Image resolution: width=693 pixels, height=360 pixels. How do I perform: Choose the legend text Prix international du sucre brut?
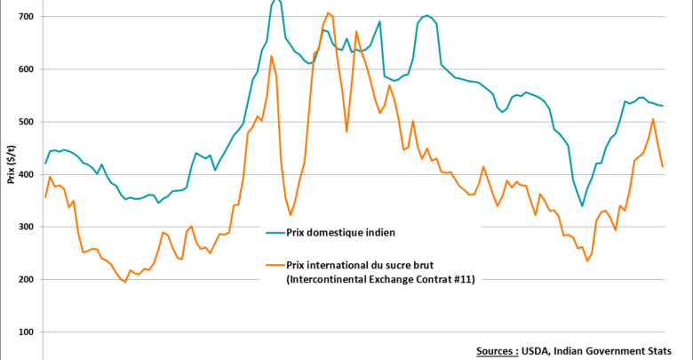tap(374, 265)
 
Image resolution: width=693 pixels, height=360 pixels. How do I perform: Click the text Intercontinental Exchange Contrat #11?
tap(379, 279)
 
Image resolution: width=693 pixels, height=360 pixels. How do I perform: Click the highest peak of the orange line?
tap(329, 12)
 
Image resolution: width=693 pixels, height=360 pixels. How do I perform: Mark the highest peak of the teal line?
tap(275, 1)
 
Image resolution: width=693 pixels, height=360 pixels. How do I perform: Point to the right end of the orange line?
tap(663, 166)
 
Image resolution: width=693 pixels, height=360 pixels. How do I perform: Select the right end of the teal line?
tap(663, 106)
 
